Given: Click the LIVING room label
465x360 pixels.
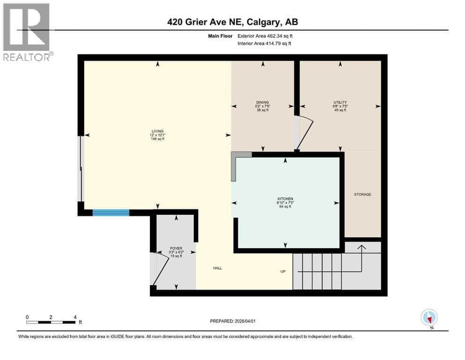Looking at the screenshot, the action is (x=157, y=131).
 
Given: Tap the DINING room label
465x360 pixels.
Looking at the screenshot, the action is (x=262, y=102).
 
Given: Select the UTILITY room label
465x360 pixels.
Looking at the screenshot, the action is (x=340, y=102).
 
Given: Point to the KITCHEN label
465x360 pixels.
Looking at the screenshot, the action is (x=285, y=199).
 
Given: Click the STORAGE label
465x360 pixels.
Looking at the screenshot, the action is (x=363, y=195).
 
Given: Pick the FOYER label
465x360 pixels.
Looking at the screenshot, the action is (x=176, y=248).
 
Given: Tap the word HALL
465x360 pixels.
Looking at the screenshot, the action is (x=217, y=268).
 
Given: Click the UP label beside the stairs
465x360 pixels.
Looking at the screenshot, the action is (x=283, y=271).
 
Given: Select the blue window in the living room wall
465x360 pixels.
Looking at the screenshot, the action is (x=111, y=212).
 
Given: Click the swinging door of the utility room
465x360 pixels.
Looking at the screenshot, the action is (x=305, y=134).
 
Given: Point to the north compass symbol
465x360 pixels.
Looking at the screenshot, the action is (x=429, y=318).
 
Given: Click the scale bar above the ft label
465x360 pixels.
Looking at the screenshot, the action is (x=51, y=322).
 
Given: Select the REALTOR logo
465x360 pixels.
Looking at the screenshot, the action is (x=28, y=32).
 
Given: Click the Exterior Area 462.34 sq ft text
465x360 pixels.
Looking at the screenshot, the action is (x=265, y=36).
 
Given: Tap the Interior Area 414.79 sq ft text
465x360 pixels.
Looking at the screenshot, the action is (x=264, y=43).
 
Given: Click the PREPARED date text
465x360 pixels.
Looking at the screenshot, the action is (x=232, y=321).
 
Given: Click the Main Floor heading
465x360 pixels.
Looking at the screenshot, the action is (x=220, y=36).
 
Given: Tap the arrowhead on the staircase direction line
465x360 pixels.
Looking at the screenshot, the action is (x=361, y=247).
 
